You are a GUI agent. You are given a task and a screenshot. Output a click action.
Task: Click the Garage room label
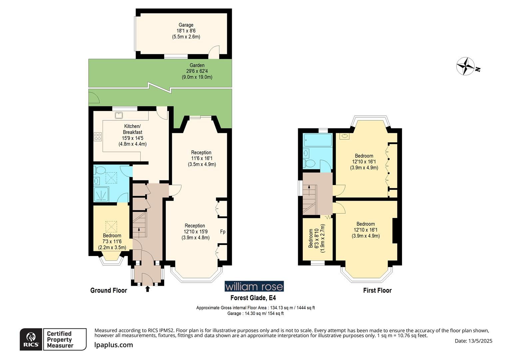tap(186, 25)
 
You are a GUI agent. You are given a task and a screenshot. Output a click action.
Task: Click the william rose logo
tap(254, 286)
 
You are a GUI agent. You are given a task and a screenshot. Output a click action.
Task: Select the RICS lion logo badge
tap(31, 339)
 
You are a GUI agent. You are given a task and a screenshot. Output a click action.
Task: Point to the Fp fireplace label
tap(223, 232)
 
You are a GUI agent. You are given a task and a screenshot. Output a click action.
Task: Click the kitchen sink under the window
tap(119, 115)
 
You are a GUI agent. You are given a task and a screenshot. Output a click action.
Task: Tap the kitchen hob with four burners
tap(98, 136)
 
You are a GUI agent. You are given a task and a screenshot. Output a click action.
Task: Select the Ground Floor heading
tap(109, 290)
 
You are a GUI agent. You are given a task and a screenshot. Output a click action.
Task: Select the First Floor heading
tap(377, 290)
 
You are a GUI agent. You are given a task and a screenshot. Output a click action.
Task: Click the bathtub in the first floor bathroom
tap(317, 140)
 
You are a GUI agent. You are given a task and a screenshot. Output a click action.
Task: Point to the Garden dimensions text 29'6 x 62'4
tap(197, 71)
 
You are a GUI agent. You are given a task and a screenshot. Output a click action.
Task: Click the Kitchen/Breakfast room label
tap(133, 129)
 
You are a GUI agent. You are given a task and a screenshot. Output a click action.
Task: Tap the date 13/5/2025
tap(473, 341)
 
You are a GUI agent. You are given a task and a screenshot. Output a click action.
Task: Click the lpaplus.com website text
tap(114, 345)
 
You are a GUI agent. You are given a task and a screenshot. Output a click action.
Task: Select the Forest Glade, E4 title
tap(253, 298)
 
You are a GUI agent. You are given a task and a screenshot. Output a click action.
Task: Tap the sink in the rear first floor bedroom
tap(344, 136)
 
